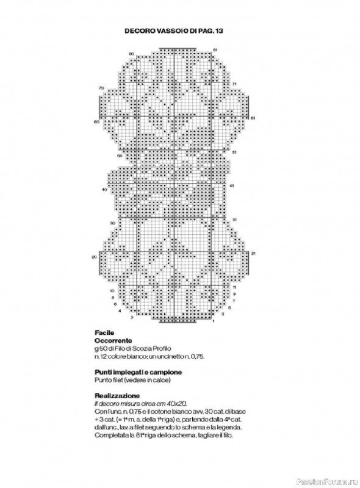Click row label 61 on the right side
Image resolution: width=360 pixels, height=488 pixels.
click(x=253, y=117)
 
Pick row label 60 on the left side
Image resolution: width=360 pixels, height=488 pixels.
click(x=96, y=121)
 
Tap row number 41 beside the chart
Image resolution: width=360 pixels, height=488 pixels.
click(x=231, y=185)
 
